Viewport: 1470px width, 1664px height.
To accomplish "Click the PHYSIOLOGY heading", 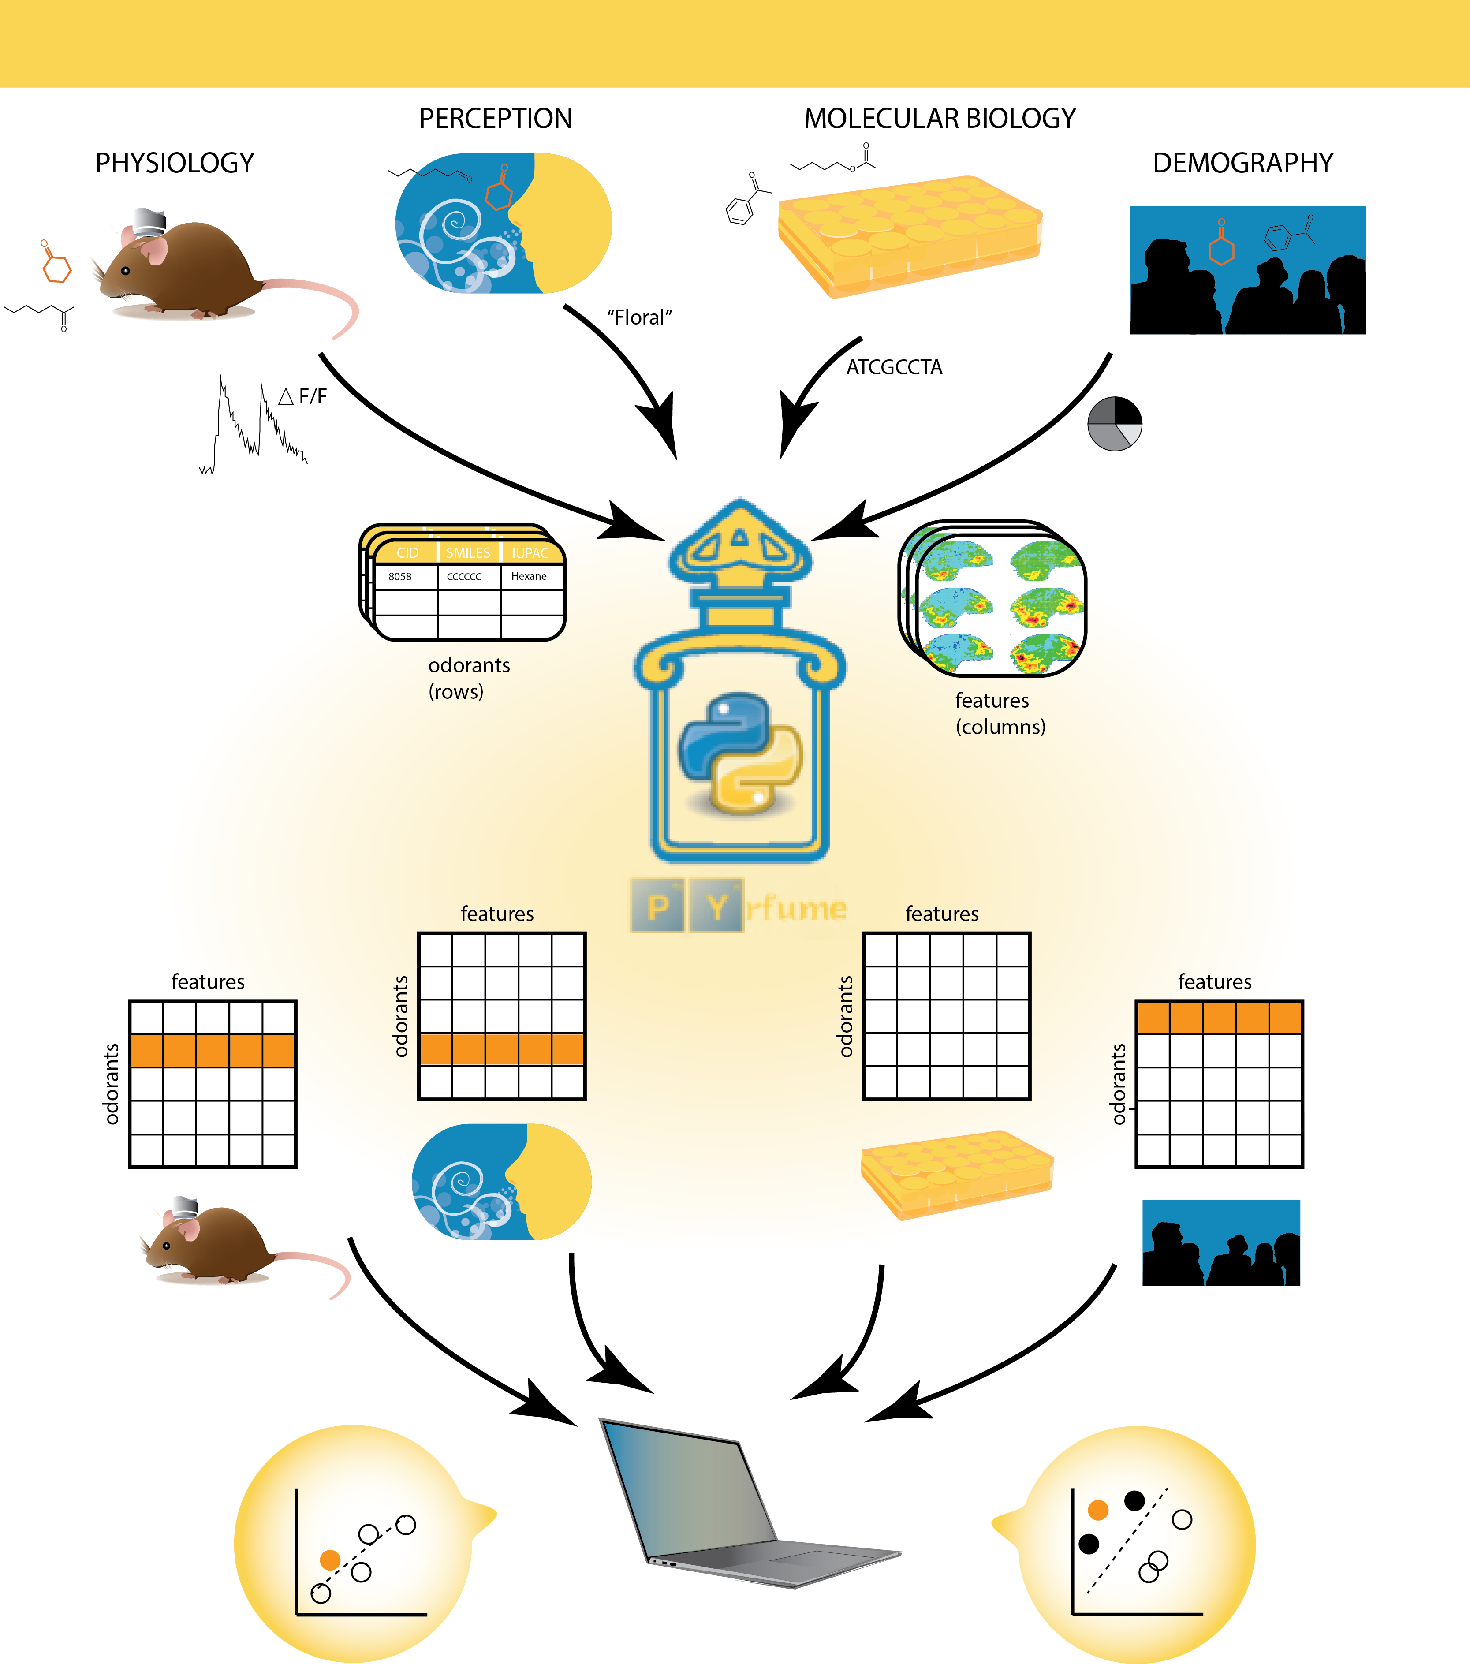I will (x=175, y=163).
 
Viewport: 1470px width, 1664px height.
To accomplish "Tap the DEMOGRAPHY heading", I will (x=1243, y=163).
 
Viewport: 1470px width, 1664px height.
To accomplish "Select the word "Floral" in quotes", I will (x=640, y=317).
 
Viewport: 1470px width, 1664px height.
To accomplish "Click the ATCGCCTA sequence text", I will (x=894, y=367).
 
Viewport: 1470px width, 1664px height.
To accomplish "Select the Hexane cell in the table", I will (x=529, y=576).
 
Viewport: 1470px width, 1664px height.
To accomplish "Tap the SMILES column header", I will (x=468, y=553).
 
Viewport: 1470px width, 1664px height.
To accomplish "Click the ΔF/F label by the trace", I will (x=303, y=396).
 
